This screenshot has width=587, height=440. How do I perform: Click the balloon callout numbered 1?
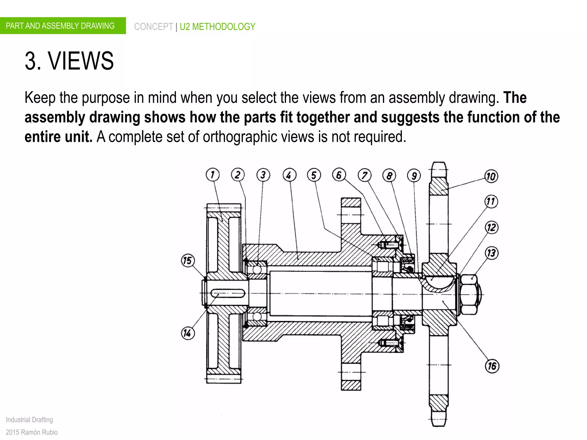[x=212, y=175]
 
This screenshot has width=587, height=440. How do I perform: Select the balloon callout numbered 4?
[x=289, y=175]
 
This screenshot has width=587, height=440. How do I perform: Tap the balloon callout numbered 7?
[x=365, y=175]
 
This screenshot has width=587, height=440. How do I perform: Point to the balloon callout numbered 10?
[x=491, y=176]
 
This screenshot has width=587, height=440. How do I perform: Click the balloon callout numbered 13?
[x=491, y=253]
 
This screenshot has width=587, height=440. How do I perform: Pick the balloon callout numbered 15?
[x=188, y=260]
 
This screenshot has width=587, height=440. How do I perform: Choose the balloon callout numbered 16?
[x=492, y=366]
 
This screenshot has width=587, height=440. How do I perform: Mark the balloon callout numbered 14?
[x=188, y=333]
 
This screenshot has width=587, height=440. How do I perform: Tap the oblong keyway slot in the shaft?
[x=228, y=293]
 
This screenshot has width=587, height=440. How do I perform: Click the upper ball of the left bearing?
[x=257, y=270]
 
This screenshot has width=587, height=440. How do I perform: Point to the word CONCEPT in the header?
[x=153, y=27]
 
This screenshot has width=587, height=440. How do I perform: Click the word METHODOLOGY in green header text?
[x=224, y=27]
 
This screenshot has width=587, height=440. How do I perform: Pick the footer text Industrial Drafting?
[x=29, y=420]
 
